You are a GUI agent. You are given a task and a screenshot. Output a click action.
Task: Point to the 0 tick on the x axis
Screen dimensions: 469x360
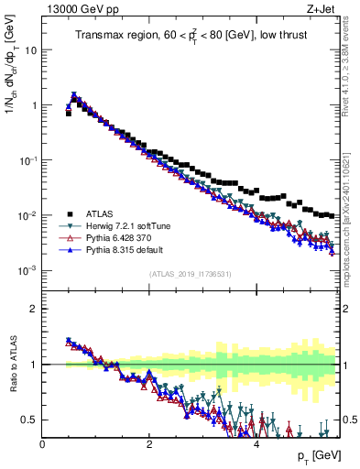coord(43,443)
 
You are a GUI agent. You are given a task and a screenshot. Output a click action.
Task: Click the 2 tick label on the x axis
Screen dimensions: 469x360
coord(149,443)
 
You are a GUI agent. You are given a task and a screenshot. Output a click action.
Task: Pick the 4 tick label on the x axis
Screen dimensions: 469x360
coord(256,443)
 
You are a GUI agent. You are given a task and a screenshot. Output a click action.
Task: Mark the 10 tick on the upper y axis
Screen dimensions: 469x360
coord(29,49)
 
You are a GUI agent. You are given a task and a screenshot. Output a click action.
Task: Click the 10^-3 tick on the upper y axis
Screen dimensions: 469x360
coord(27,271)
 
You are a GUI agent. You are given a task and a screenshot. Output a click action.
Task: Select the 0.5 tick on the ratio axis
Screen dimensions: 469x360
coord(29,420)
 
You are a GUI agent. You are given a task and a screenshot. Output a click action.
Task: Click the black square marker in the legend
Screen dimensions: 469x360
coord(68,213)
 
